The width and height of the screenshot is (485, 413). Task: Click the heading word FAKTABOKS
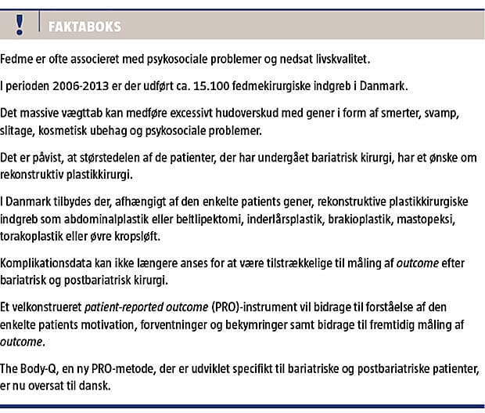point(85,27)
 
